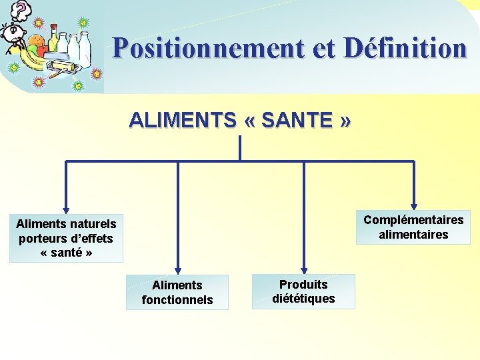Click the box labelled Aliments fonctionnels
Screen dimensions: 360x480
tap(177, 292)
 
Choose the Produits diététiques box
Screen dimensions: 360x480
tap(303, 291)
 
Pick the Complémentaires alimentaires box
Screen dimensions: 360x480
tap(413, 227)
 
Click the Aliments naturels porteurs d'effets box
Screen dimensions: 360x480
tap(66, 238)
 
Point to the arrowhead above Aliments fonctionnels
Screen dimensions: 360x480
tap(177, 268)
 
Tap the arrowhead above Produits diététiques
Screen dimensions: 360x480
tap(304, 268)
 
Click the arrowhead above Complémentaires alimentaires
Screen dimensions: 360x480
tap(414, 206)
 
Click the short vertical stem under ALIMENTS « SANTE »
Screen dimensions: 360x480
tap(239, 148)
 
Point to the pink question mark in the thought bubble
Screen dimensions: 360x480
tap(23, 9)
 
